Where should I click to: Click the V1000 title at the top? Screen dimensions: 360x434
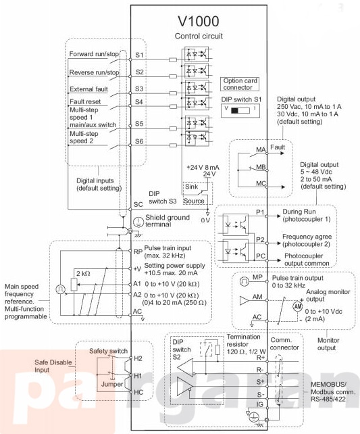point(199,22)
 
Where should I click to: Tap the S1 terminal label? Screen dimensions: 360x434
point(139,55)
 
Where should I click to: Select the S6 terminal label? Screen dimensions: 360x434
point(139,141)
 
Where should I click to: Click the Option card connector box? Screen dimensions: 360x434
point(240,84)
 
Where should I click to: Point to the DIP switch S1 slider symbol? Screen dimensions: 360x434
point(240,110)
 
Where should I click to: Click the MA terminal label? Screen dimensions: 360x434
point(261,150)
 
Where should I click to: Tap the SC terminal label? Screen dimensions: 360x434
point(138,204)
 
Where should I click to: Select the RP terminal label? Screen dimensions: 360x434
point(138,251)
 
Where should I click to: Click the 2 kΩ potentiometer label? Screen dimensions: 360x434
point(83,274)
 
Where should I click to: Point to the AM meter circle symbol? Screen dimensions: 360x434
point(298,306)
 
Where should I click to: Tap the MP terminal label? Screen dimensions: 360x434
point(257,277)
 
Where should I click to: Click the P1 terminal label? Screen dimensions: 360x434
point(260,212)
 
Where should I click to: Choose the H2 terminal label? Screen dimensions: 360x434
point(138,358)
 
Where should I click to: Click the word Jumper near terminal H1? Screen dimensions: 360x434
point(112,384)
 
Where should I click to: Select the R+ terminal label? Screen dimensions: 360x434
point(261,358)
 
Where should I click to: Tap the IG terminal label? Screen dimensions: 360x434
point(260,404)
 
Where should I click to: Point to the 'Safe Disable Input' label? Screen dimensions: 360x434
point(53,366)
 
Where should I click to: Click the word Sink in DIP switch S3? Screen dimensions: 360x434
point(192,187)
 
